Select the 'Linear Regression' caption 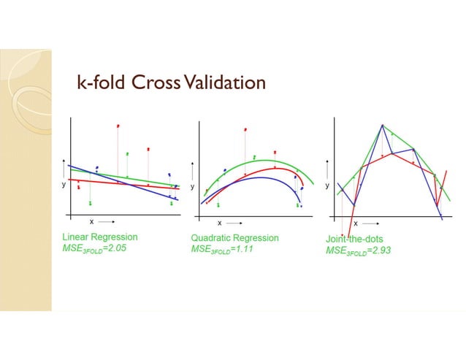tap(99, 237)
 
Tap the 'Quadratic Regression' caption tap(234, 237)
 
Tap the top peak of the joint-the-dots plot tap(381, 125)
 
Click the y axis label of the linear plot tap(63, 185)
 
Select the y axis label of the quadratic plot tap(192, 186)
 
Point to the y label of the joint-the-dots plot tap(326, 185)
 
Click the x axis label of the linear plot tap(91, 221)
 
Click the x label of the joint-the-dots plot tap(355, 223)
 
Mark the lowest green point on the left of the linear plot tap(90, 202)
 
